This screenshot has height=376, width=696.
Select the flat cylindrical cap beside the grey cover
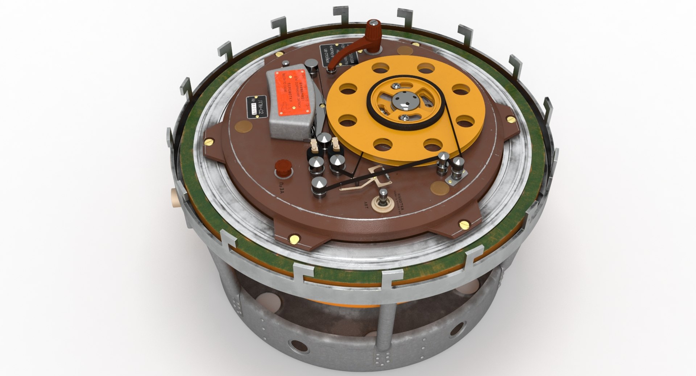pos(312,67)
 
